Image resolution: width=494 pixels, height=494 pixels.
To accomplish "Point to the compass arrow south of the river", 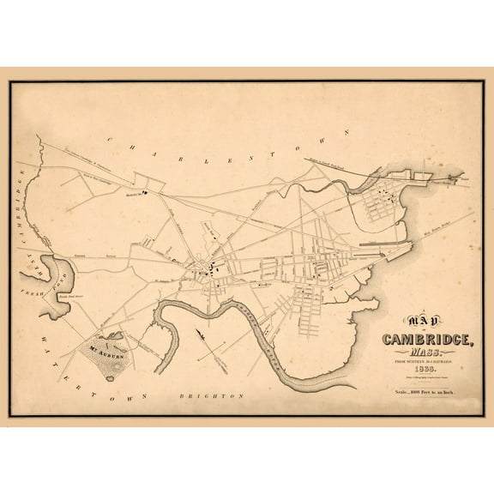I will [x=202, y=333].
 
